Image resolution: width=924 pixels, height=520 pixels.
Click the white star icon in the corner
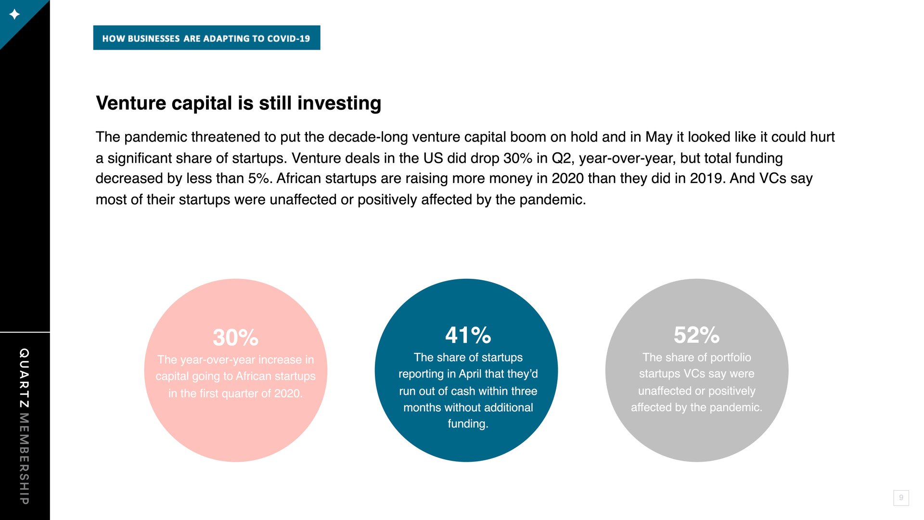tap(14, 14)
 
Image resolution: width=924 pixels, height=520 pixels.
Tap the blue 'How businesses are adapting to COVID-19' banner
tap(206, 38)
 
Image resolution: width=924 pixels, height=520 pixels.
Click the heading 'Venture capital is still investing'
tap(238, 103)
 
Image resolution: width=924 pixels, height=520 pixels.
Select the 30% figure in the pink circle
tap(235, 337)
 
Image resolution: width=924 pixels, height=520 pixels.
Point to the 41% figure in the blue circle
tap(468, 335)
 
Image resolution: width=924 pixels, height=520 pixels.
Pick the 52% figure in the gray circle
tap(696, 335)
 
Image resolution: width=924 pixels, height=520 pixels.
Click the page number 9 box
tap(901, 497)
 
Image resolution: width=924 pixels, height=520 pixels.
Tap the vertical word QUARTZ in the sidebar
tap(25, 378)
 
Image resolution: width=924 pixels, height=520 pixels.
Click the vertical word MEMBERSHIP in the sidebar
tap(25, 458)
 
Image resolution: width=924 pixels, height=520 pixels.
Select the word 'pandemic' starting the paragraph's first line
tap(155, 137)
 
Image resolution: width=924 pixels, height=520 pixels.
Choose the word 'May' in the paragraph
tap(659, 137)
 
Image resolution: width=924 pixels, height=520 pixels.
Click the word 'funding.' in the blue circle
tap(468, 424)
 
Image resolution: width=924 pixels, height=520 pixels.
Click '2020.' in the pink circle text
tap(288, 393)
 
